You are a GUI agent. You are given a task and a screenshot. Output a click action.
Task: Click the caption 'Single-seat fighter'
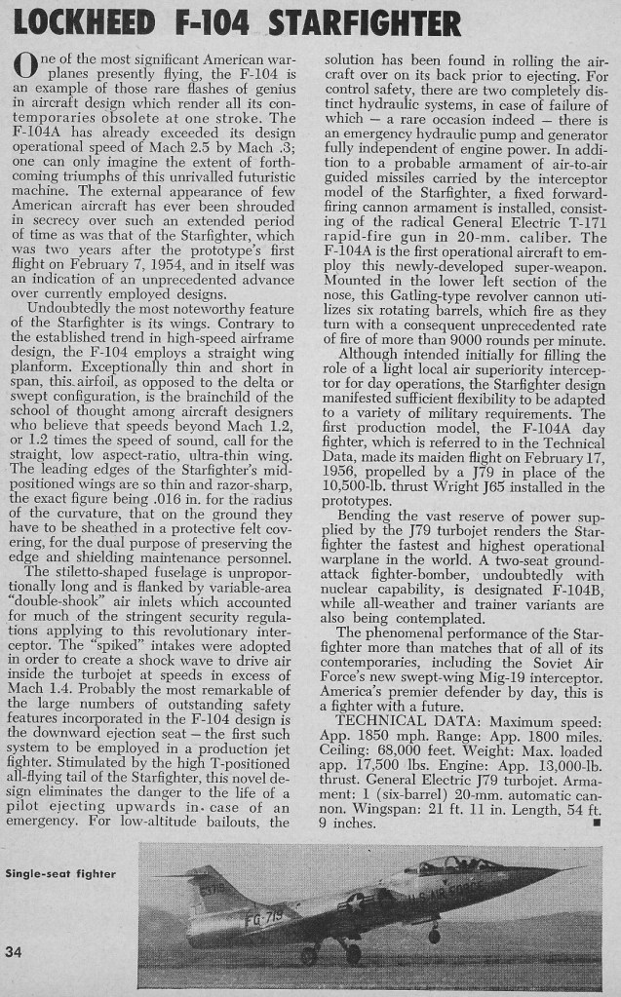point(60,873)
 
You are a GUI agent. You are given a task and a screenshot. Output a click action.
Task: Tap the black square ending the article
point(595,823)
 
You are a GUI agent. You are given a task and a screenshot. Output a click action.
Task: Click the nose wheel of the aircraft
point(434,937)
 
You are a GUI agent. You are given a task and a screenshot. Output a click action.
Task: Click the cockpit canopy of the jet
point(448,865)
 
